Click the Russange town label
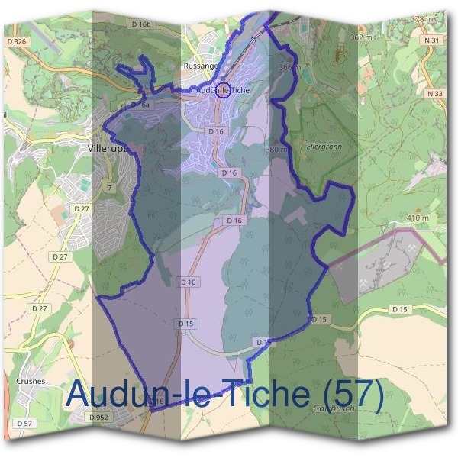[x=201, y=66]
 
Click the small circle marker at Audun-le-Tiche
[x=222, y=90]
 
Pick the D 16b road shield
[x=143, y=24]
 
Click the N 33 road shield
[x=436, y=94]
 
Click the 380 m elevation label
[x=276, y=149]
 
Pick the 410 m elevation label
[x=418, y=218]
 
